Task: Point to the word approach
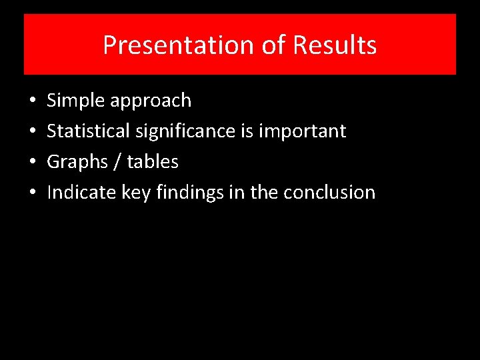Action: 151,101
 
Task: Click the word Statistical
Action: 89,131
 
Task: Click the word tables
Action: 153,162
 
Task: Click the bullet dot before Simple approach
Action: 33,101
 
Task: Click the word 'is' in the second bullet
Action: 246,131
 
